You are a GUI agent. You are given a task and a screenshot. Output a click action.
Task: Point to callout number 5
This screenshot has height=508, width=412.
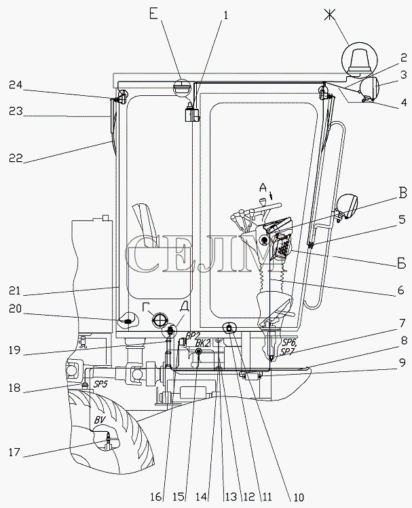(402, 220)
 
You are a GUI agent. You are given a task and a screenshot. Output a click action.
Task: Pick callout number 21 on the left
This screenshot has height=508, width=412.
(16, 293)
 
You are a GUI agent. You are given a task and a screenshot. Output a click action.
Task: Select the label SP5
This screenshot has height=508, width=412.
(101, 384)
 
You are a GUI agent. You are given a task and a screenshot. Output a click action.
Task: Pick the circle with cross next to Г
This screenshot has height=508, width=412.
(160, 320)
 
